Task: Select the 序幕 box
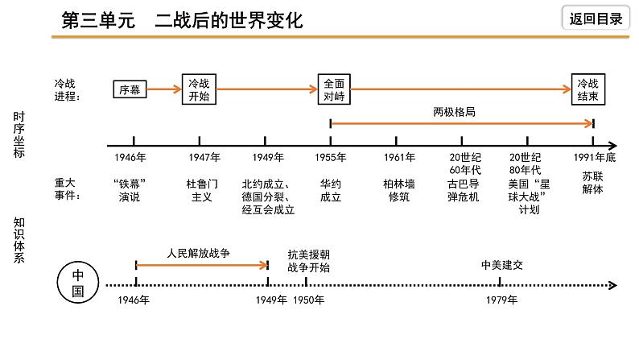130,89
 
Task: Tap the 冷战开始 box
199,89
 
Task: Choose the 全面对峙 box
333,89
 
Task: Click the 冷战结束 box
588,89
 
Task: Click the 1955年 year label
332,158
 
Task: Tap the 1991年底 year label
594,158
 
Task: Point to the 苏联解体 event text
592,184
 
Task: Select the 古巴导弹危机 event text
464,190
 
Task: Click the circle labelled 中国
78,283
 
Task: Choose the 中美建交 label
501,263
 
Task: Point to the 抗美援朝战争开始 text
307,260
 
